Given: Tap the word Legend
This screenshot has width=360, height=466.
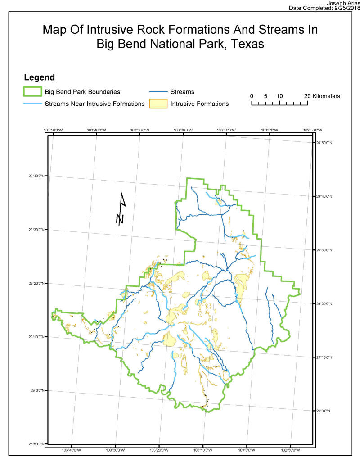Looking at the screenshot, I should pyautogui.click(x=39, y=77).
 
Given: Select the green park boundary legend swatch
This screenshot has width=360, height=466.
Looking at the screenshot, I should pyautogui.click(x=32, y=92).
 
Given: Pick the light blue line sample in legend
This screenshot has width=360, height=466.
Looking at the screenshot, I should pyautogui.click(x=32, y=104).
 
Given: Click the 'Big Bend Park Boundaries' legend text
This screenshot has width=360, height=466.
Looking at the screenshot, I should pyautogui.click(x=82, y=92).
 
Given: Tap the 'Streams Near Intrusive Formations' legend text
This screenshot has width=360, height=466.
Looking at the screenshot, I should pyautogui.click(x=94, y=104).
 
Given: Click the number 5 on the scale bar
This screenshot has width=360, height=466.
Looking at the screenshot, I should pyautogui.click(x=265, y=96).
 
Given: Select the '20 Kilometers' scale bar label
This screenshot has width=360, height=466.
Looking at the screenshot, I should pyautogui.click(x=322, y=96).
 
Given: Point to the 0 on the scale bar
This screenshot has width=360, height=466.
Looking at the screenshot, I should pyautogui.click(x=252, y=96).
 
